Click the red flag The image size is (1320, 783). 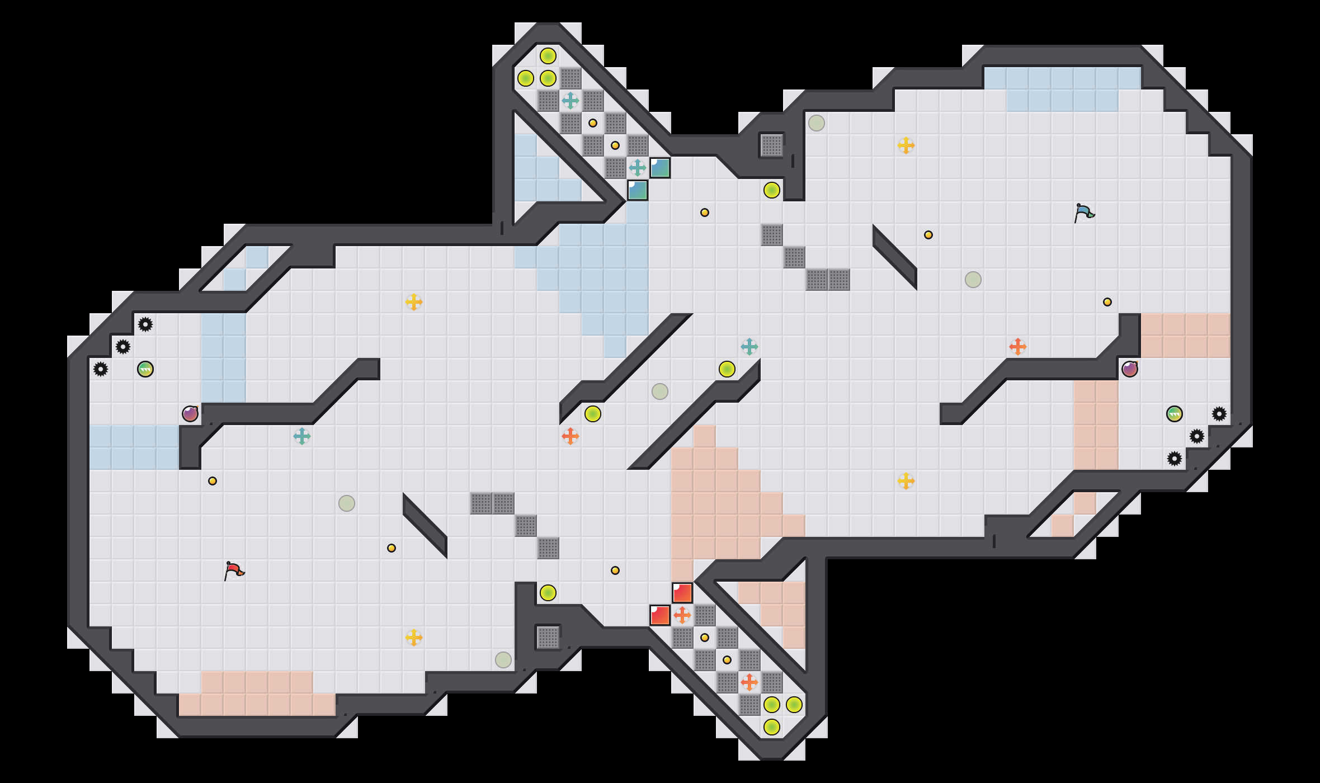point(234,571)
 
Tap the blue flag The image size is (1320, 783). point(1084,213)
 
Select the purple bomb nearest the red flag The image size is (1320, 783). point(190,414)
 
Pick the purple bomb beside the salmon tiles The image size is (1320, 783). point(1130,369)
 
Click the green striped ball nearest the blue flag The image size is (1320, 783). point(1175,414)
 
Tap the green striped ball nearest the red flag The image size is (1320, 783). point(145,369)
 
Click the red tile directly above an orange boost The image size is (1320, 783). point(682,593)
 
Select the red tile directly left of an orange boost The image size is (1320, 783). point(660,615)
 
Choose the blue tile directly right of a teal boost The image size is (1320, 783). point(660,168)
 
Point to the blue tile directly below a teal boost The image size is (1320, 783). point(638,190)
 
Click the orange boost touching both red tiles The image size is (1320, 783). point(682,615)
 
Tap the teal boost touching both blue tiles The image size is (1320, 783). point(638,168)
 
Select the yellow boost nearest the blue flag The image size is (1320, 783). point(906,145)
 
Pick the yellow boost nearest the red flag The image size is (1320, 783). point(414,638)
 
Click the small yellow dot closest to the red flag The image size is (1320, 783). point(213,481)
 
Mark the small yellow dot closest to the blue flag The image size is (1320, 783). point(1107,302)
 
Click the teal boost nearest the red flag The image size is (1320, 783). point(302,436)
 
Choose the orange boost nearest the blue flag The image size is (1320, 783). point(1018,347)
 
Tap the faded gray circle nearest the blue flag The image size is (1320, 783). point(973,280)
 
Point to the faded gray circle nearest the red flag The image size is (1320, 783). point(347,503)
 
